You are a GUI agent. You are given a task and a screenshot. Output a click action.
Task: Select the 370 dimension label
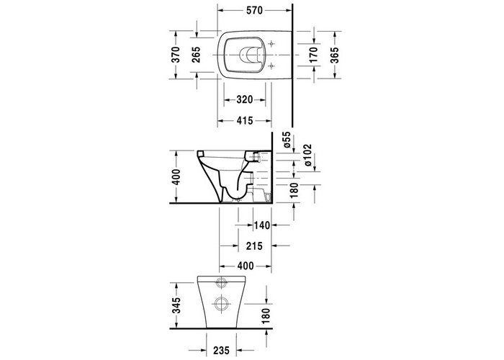pos(175,58)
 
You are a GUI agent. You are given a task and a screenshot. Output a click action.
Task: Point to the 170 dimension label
pos(312,58)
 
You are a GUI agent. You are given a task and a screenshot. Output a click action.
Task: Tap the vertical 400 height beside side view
pos(175,176)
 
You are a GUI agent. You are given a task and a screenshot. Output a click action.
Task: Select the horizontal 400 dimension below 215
pos(245,266)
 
